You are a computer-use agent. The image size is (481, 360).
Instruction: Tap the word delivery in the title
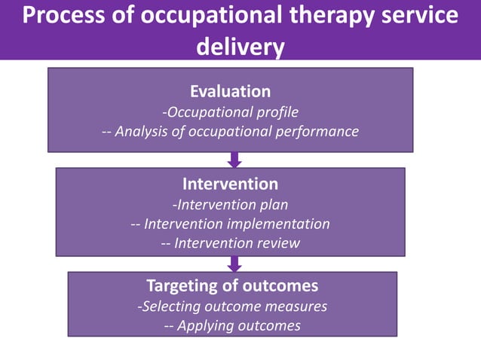[240, 47]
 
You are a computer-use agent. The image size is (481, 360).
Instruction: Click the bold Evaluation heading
[230, 91]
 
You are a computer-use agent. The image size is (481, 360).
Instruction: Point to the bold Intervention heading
[230, 184]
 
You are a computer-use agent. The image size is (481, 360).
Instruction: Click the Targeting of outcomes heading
[232, 286]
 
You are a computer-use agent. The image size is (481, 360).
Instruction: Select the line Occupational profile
[231, 112]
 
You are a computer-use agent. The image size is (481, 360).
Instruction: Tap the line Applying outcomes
[232, 325]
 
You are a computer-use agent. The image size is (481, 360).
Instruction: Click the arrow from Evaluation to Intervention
[234, 160]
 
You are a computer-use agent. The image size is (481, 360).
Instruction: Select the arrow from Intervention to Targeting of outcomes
[234, 264]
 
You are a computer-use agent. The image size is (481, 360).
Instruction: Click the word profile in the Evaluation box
[275, 112]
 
